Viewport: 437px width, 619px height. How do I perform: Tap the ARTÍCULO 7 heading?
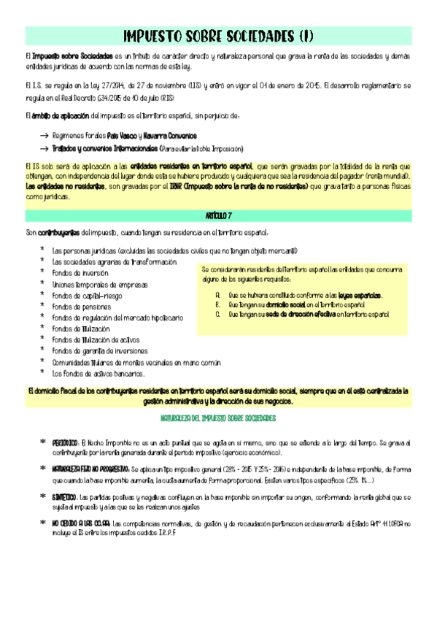218,217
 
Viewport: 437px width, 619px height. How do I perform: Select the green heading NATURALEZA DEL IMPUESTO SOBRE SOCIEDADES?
218,418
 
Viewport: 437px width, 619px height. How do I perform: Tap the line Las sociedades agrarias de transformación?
115,262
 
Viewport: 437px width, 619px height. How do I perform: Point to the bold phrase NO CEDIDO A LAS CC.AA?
80,503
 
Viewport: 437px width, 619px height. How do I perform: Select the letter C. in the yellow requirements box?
217,314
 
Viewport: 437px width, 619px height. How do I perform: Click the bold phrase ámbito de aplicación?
61,116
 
